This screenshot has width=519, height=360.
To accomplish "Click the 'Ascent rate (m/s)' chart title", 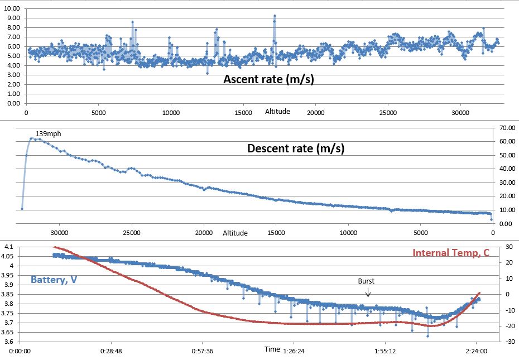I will point(268,79).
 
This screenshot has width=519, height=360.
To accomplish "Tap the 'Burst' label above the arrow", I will point(366,281).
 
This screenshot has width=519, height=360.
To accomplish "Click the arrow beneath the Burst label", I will point(367,292).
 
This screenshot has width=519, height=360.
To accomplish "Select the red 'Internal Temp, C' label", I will point(450,253).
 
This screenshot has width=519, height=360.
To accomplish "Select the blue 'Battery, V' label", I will point(54,279).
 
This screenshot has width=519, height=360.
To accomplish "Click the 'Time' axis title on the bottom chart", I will point(272,349).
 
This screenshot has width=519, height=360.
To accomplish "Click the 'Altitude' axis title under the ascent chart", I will point(277,111).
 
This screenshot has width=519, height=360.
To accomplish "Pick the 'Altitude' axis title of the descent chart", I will point(235,233).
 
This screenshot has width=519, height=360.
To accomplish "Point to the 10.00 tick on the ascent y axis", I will point(11,8).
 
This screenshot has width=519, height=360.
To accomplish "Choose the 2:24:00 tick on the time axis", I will point(476,352).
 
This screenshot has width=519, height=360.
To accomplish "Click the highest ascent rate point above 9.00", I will point(275,16).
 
